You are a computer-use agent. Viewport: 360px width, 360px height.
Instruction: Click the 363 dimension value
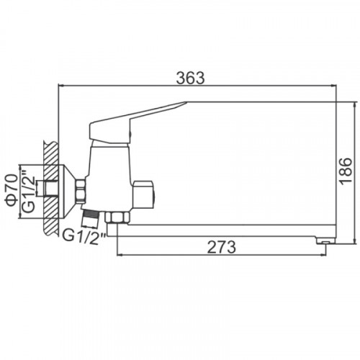click(190, 78)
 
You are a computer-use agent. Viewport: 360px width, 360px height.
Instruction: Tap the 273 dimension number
click(221, 247)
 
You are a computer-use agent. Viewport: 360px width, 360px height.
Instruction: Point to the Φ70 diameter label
click(12, 190)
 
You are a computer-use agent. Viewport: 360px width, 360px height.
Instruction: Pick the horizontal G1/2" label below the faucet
click(84, 236)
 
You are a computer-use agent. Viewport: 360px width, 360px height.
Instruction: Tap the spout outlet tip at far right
click(325, 240)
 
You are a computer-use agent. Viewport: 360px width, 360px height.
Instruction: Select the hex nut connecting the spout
click(117, 217)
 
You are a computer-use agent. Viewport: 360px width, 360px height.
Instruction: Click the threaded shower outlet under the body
click(90, 218)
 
